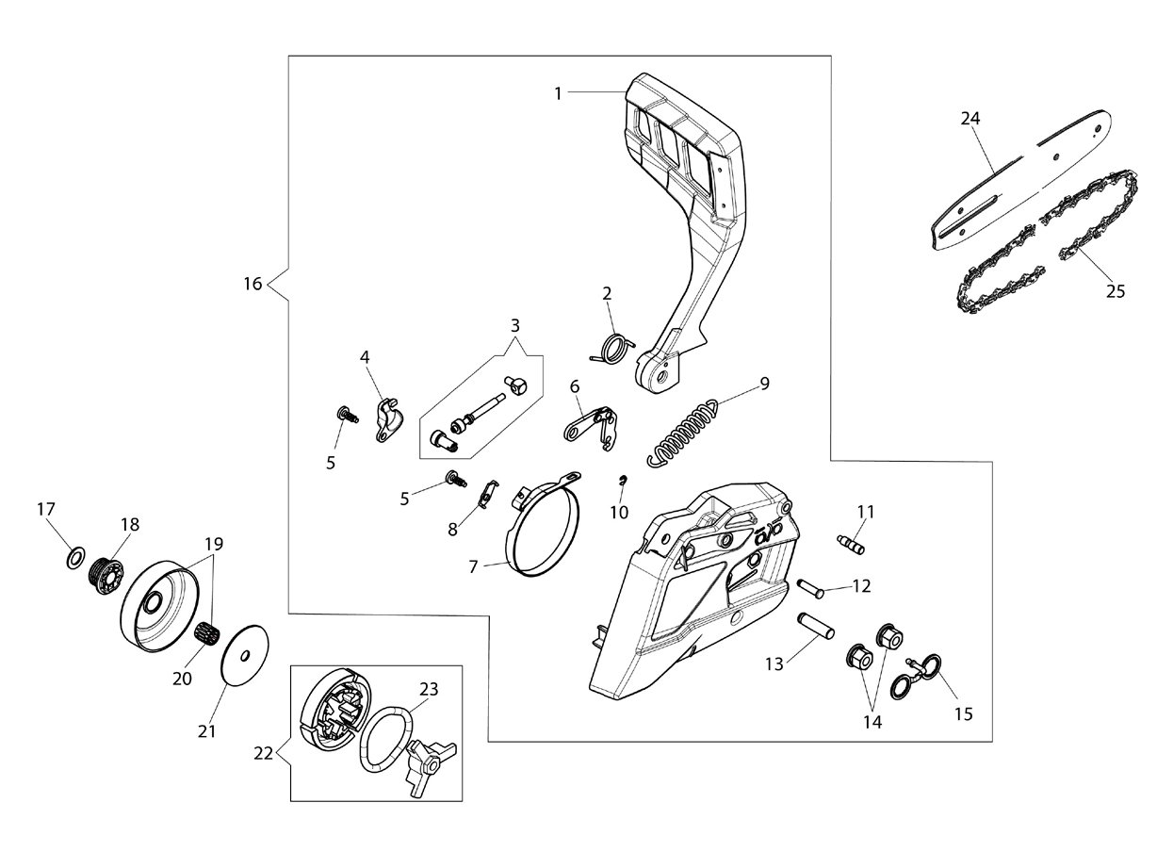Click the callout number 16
pyautogui.click(x=253, y=284)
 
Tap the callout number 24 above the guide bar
pyautogui.click(x=970, y=119)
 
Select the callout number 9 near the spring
pyautogui.click(x=764, y=384)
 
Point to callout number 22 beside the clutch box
pyautogui.click(x=263, y=754)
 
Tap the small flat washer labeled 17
pyautogui.click(x=75, y=559)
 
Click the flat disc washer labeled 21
pyautogui.click(x=245, y=655)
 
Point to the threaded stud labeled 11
pyautogui.click(x=850, y=545)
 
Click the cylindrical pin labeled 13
pyautogui.click(x=817, y=626)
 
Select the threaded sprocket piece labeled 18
pyautogui.click(x=108, y=577)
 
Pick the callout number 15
pyautogui.click(x=964, y=714)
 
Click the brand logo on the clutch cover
pyautogui.click(x=770, y=532)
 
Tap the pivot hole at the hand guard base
pyautogui.click(x=663, y=373)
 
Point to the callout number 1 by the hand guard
pyautogui.click(x=558, y=93)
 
